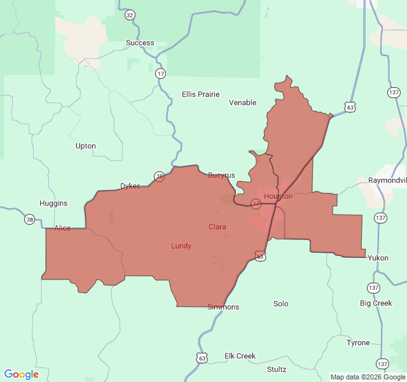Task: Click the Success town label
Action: (x=139, y=43)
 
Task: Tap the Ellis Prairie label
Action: (x=200, y=94)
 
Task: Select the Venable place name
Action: (x=242, y=103)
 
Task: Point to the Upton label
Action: (x=86, y=146)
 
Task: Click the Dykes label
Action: (x=130, y=186)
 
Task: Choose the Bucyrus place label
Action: (x=221, y=175)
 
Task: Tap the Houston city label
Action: (x=278, y=196)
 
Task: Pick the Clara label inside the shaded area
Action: (x=217, y=227)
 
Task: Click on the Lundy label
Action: (x=181, y=246)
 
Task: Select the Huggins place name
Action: (x=53, y=203)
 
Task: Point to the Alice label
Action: (x=63, y=228)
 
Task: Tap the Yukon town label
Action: (x=378, y=258)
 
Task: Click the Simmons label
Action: (x=223, y=307)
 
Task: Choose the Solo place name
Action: (x=280, y=304)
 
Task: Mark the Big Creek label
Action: (x=376, y=303)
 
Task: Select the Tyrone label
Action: (x=358, y=343)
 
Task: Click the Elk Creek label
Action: (x=240, y=356)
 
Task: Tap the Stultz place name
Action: (x=277, y=369)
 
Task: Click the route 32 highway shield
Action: (x=130, y=15)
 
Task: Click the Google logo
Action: (x=22, y=374)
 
